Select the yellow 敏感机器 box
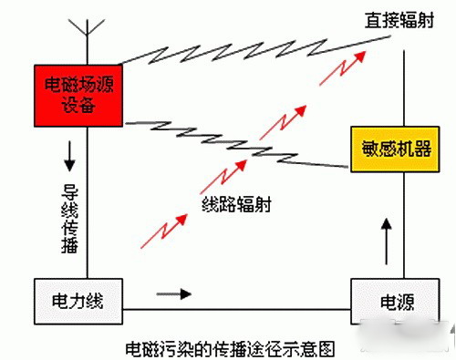tap(391, 149)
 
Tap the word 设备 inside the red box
tap(78, 107)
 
